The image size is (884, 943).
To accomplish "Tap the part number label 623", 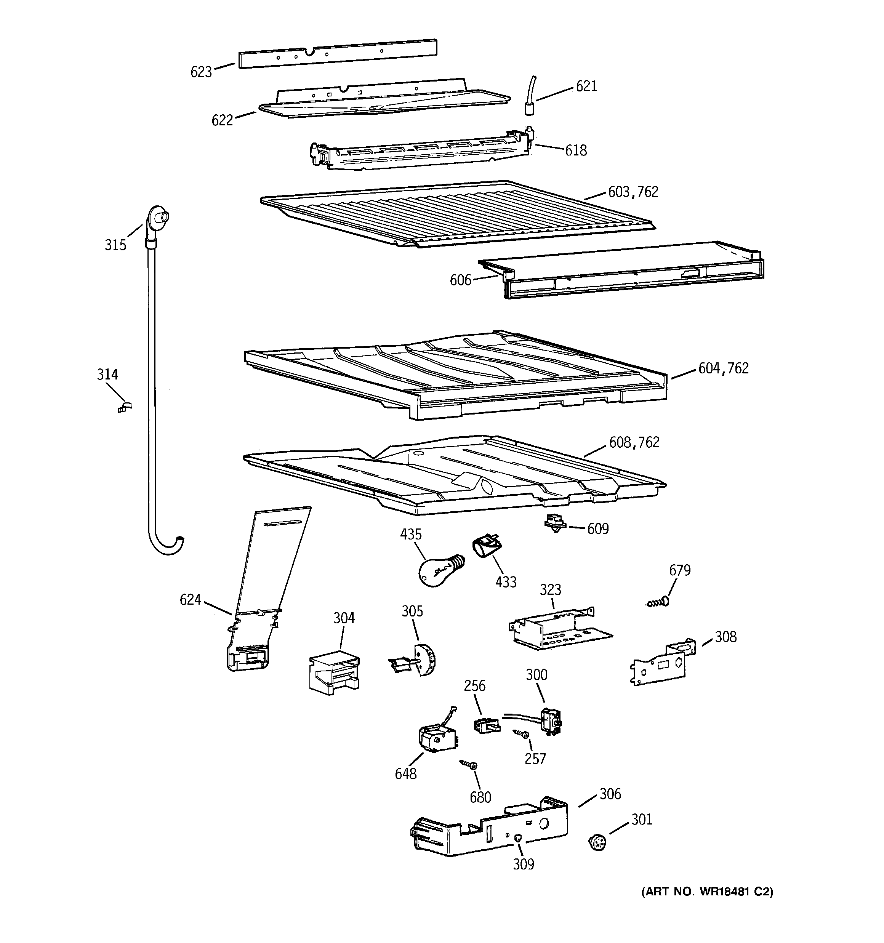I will tap(201, 72).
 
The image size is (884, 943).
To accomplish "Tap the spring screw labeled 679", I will tap(657, 603).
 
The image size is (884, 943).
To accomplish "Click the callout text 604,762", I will tap(723, 368).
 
